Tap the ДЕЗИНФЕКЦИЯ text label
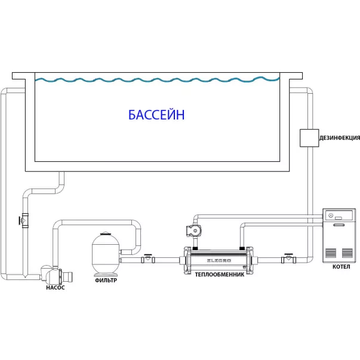[339, 138]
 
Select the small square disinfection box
[309, 138]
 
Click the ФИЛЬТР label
[105, 279]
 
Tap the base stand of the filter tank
[105, 272]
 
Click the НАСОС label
[55, 287]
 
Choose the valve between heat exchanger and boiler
[289, 259]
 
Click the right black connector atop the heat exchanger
[241, 247]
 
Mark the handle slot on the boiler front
[339, 225]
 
